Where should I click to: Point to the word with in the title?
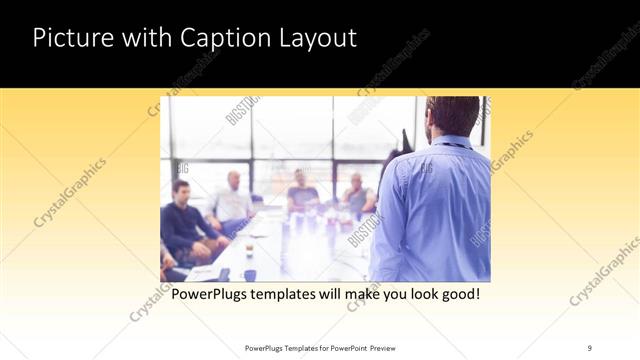tap(144, 38)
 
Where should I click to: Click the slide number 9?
tap(589, 347)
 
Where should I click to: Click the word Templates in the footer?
tap(296, 347)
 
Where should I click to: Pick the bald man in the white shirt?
tap(232, 200)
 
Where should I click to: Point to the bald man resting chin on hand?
tap(356, 195)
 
